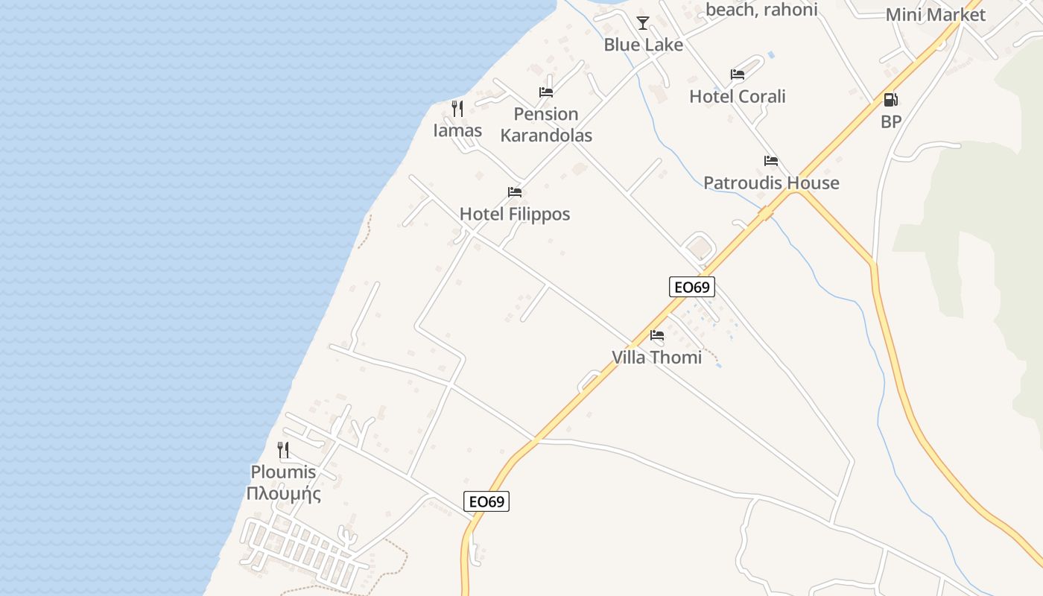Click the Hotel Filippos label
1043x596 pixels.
515,215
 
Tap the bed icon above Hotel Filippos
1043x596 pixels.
514,192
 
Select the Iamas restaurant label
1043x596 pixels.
457,130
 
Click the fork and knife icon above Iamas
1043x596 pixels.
457,109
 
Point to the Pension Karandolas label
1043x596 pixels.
546,124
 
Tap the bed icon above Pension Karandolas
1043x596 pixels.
546,92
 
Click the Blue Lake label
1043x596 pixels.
643,45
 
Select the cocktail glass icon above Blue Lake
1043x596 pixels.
643,23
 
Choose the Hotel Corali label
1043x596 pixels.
738,97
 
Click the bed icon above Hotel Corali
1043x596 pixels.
738,74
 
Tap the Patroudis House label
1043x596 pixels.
771,183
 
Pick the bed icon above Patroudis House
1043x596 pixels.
771,161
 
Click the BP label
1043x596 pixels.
891,122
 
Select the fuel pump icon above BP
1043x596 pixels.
890,100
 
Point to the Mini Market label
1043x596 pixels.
935,15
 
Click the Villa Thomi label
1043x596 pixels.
656,358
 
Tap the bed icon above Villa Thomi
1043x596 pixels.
656,335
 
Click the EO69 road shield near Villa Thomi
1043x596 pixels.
692,287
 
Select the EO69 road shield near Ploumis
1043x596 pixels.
487,501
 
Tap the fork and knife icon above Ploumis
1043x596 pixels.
283,450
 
